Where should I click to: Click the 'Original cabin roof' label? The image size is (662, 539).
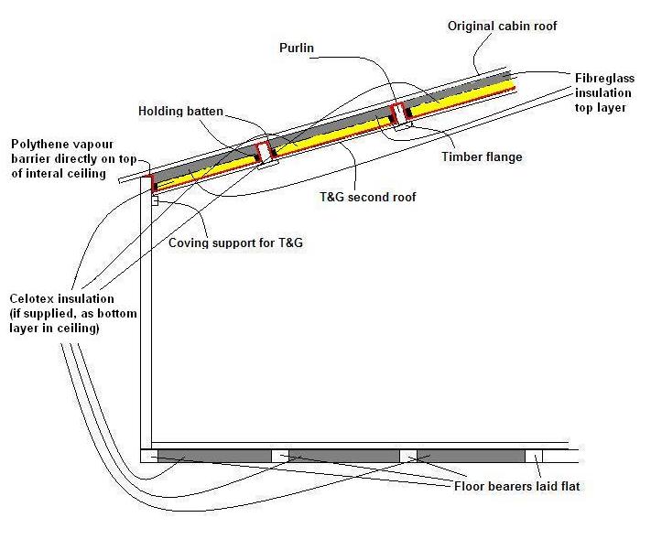502,27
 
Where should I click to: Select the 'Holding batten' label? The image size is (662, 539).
180,112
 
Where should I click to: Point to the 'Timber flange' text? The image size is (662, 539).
482,156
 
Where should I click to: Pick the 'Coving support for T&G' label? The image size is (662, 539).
235,243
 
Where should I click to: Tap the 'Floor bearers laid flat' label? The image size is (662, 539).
517,486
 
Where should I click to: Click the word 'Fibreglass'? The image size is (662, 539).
605,78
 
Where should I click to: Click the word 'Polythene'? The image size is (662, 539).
39,145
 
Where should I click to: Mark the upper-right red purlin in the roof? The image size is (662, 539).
398,114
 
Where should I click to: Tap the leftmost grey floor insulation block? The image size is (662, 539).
213,456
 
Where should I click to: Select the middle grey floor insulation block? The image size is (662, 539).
344,456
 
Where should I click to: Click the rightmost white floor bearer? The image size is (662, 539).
533,456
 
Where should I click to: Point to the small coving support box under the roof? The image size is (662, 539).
156,200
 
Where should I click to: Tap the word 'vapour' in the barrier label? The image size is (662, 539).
96,145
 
